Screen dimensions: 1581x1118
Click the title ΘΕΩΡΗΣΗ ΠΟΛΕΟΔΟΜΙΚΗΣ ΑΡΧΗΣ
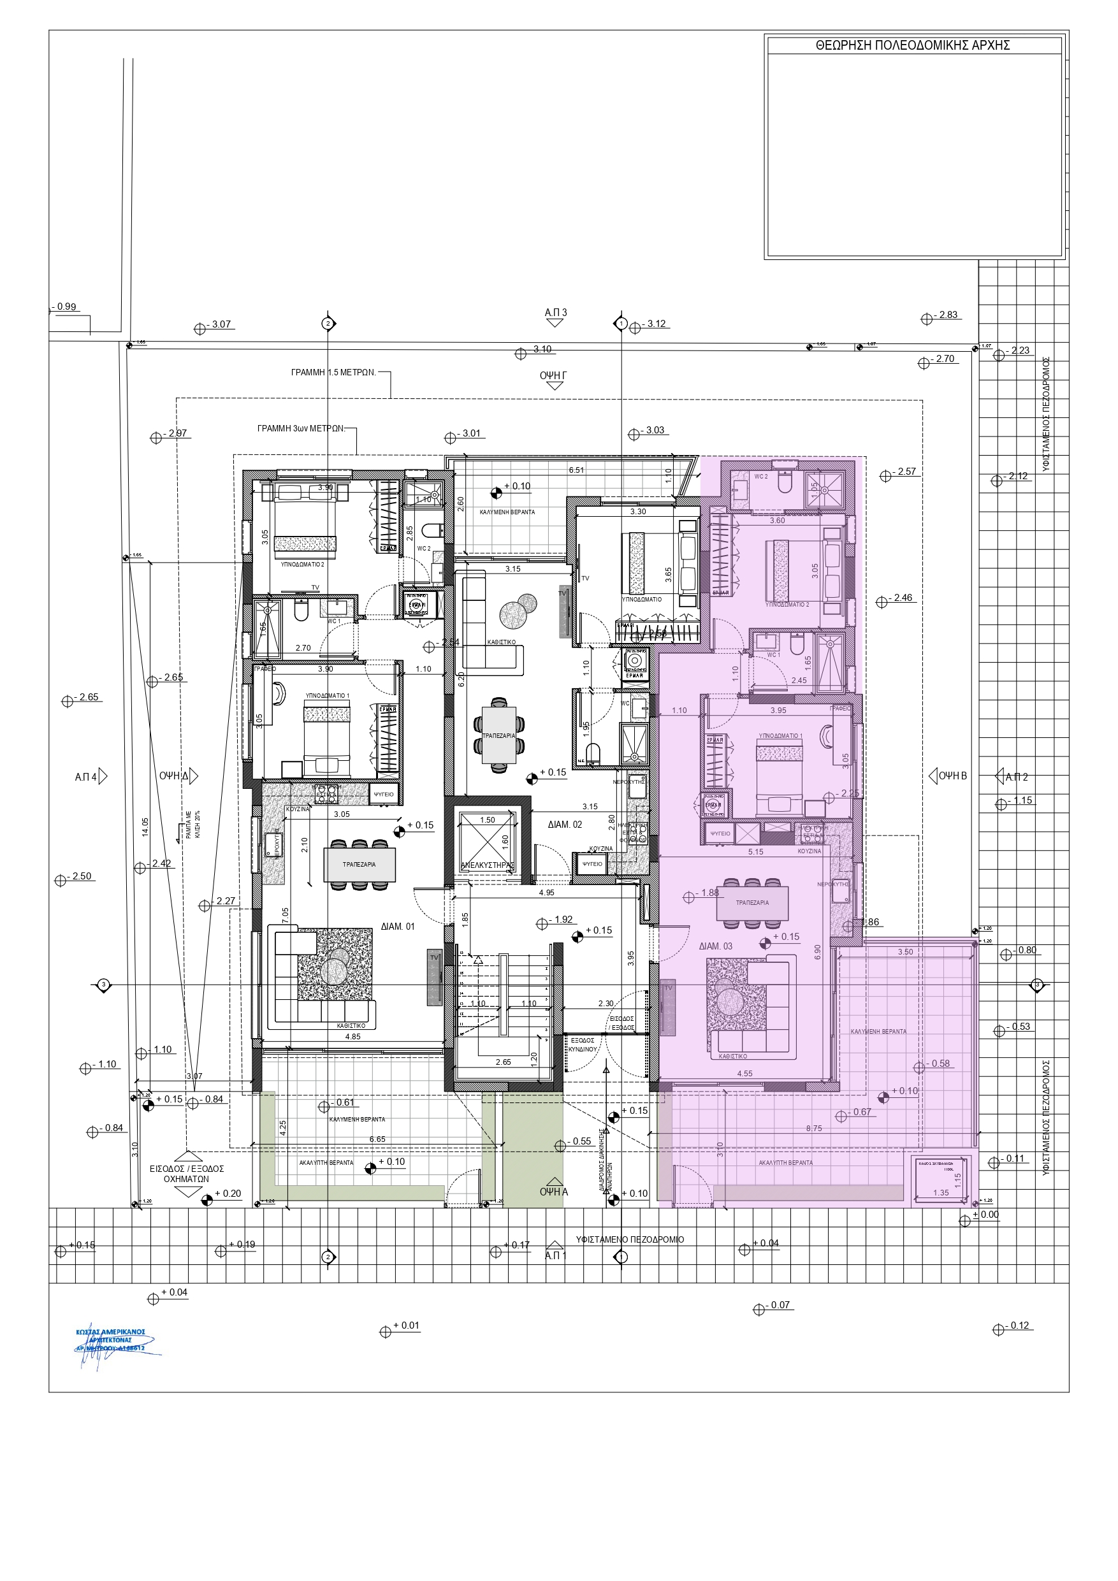(912, 45)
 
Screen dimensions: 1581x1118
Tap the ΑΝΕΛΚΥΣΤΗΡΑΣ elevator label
(488, 865)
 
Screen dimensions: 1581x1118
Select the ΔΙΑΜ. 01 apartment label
(398, 926)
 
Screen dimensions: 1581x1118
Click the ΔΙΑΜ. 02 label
(565, 824)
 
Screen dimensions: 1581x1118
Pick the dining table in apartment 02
(498, 735)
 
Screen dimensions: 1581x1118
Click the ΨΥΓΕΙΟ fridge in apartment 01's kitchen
(384, 794)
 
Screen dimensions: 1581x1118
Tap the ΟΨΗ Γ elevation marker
(553, 376)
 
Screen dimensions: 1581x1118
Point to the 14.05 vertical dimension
(145, 827)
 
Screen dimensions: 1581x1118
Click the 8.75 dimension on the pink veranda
(813, 1129)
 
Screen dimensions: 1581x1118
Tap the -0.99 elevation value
(66, 307)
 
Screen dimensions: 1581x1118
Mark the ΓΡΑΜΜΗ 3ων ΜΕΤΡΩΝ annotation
(300, 428)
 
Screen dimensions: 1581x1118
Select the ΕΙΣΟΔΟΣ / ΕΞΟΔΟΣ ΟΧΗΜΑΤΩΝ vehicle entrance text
(187, 1174)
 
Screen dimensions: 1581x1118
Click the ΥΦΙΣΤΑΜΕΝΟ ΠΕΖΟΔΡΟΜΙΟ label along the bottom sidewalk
(630, 1239)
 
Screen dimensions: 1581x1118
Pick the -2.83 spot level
(948, 315)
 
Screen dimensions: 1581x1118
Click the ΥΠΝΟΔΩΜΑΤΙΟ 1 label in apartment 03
(780, 735)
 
